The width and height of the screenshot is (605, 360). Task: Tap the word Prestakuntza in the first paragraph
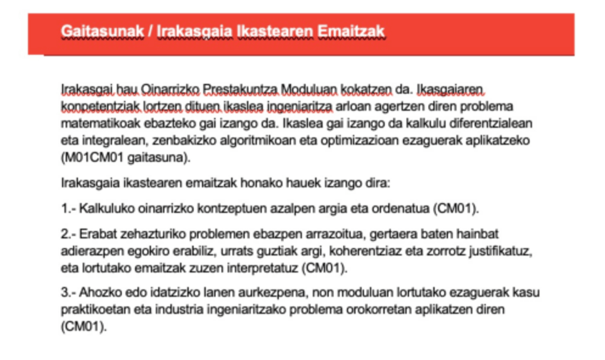click(x=241, y=91)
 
